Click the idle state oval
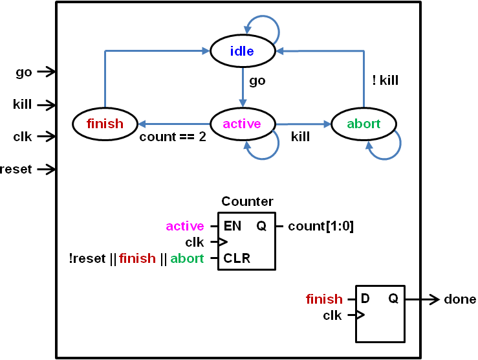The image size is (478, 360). [x=243, y=51]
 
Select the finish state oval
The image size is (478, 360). [x=105, y=124]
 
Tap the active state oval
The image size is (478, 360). [x=242, y=124]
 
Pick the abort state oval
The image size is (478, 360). [x=364, y=124]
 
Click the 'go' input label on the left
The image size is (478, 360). [x=24, y=72]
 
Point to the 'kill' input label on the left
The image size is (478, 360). [x=23, y=104]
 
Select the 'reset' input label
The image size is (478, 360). [x=16, y=169]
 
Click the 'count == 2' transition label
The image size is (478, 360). [x=173, y=137]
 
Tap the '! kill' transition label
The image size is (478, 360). [x=385, y=81]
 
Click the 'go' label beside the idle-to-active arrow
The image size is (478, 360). [x=257, y=81]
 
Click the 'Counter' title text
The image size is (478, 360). [x=247, y=201]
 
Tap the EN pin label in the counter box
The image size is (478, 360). [x=232, y=226]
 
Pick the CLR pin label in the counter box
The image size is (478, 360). [x=237, y=258]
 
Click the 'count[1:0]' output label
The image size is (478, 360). [x=321, y=226]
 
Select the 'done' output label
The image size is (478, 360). [x=460, y=299]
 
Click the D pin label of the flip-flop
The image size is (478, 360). [x=366, y=298]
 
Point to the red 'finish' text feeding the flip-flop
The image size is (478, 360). [x=324, y=298]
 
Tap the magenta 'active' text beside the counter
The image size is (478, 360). [x=185, y=226]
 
